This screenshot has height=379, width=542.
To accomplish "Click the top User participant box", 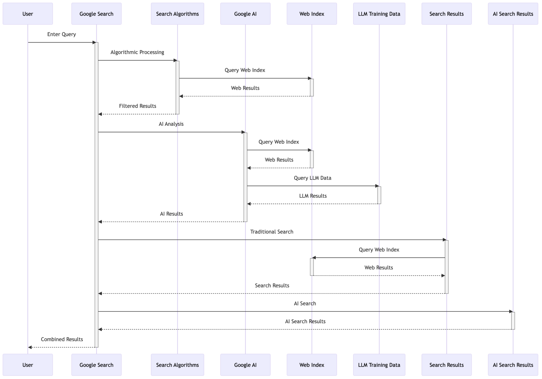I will (x=28, y=14).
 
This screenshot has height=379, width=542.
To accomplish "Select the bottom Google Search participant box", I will (x=96, y=365).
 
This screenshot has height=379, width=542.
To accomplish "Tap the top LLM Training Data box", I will (x=379, y=14).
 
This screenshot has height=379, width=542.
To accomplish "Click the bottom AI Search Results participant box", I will (x=513, y=365).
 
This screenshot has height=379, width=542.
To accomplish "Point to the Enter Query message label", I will (x=61, y=34).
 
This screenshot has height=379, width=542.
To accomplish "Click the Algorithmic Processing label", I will (x=137, y=52).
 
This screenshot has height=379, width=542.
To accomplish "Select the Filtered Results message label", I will (x=137, y=106).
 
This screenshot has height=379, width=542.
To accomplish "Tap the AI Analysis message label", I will (x=171, y=124).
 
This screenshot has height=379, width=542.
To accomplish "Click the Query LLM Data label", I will (x=312, y=178).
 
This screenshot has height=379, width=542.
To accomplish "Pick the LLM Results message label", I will (x=313, y=196).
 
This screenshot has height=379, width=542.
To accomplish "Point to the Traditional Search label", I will (x=272, y=232).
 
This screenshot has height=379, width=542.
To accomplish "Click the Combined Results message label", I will (x=62, y=339).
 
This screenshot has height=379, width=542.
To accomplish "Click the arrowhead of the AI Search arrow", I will (x=511, y=312).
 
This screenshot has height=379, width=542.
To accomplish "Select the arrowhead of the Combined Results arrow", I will (x=30, y=347).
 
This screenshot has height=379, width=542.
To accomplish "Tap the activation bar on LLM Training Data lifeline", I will (x=379, y=195).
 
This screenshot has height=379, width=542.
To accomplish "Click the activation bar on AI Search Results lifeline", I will (x=513, y=321).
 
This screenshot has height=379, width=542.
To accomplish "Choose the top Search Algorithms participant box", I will (x=177, y=14).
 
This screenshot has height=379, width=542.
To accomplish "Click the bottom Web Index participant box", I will (x=311, y=365).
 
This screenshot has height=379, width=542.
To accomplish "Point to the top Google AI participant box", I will (x=245, y=14).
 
